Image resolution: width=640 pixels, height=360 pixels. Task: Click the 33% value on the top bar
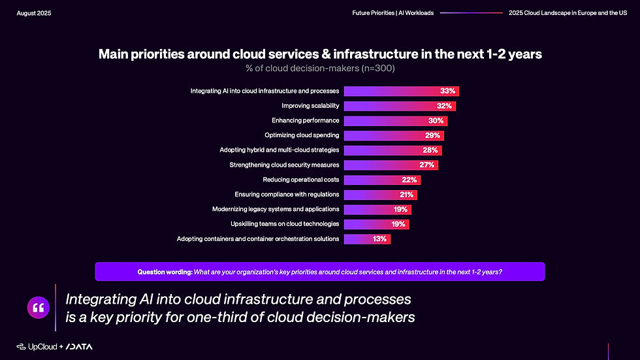(447, 91)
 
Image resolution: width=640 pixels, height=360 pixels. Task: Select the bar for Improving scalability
(398, 106)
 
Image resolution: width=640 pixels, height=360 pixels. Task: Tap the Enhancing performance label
(305, 121)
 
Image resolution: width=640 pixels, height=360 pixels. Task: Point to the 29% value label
(432, 135)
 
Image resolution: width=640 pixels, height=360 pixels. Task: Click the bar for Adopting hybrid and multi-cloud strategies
(392, 150)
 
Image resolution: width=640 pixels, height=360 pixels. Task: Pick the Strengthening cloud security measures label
(284, 165)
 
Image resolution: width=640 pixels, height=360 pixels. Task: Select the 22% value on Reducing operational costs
(409, 180)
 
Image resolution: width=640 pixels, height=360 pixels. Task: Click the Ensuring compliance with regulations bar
(379, 195)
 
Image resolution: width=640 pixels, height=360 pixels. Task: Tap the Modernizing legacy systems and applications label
(276, 209)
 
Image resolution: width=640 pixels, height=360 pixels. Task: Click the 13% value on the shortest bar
(379, 239)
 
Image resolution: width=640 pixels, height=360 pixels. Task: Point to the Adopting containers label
(258, 239)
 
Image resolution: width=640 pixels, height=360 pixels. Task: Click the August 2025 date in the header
(34, 13)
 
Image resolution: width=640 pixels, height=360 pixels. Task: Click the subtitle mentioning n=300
(320, 68)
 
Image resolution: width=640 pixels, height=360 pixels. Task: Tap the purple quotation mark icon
(38, 307)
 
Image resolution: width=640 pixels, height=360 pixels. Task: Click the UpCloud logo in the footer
(37, 346)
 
